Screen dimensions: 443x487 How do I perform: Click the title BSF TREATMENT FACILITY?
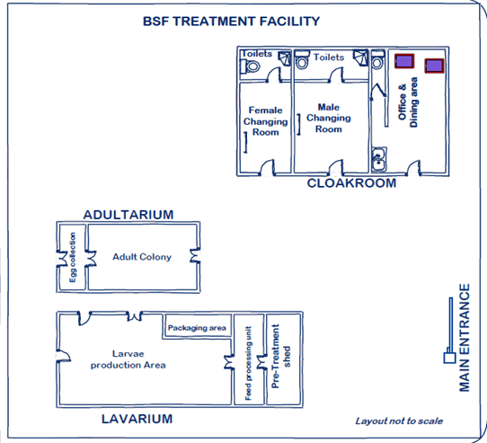[232, 22]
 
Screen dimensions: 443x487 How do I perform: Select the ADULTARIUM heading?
[128, 215]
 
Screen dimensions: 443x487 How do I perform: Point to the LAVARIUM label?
[137, 419]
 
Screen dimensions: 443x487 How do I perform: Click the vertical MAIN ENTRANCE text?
[465, 338]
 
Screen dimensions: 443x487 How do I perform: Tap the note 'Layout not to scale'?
[398, 421]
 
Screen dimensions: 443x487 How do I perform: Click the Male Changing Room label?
[328, 118]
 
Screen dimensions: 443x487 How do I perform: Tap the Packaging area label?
[196, 328]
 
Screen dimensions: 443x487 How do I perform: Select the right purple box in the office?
[435, 66]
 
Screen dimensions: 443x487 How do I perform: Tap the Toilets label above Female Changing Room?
[256, 54]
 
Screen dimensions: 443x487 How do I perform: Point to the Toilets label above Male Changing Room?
[328, 58]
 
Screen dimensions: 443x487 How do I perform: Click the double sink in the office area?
[379, 158]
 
